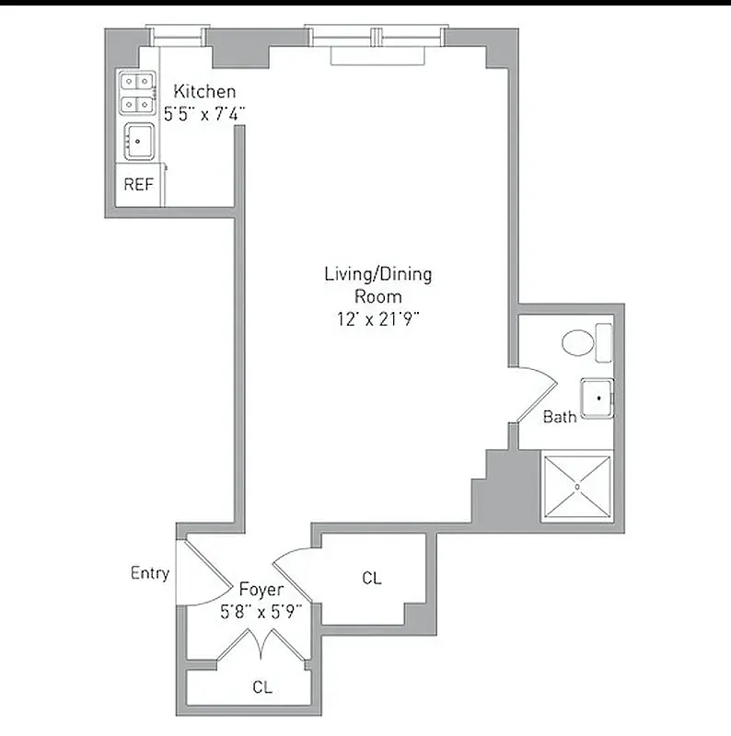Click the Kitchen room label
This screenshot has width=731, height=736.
tap(204, 91)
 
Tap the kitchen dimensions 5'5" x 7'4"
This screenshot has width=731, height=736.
tap(204, 114)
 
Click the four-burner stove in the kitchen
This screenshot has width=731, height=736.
tap(136, 92)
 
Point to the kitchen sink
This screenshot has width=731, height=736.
tap(138, 141)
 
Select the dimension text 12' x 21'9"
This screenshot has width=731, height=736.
tap(377, 318)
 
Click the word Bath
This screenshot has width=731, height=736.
tap(559, 417)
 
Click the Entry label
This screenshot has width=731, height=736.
tap(149, 573)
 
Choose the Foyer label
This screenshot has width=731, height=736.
tap(261, 589)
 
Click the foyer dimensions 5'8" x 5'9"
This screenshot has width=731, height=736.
tap(261, 610)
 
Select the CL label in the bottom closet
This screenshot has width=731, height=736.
tap(261, 686)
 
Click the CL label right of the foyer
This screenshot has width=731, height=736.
tap(371, 578)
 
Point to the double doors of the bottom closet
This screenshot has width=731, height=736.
tap(261, 644)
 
